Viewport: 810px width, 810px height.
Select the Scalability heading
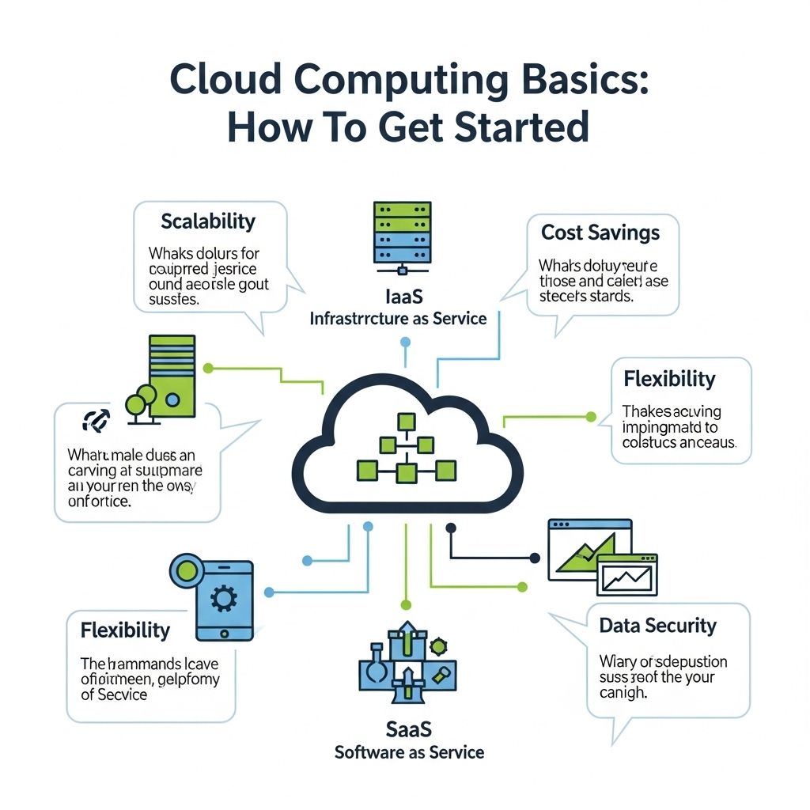pyautogui.click(x=208, y=221)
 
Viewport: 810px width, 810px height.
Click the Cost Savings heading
pyautogui.click(x=600, y=233)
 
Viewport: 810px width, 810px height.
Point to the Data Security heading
pyautogui.click(x=658, y=626)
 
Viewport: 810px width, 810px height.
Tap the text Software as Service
pyautogui.click(x=409, y=751)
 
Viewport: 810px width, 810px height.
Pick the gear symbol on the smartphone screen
pyautogui.click(x=224, y=599)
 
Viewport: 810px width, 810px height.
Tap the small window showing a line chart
pyautogui.click(x=627, y=574)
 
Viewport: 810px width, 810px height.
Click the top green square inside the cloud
pyautogui.click(x=406, y=420)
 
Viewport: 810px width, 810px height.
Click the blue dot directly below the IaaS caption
pyautogui.click(x=406, y=342)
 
